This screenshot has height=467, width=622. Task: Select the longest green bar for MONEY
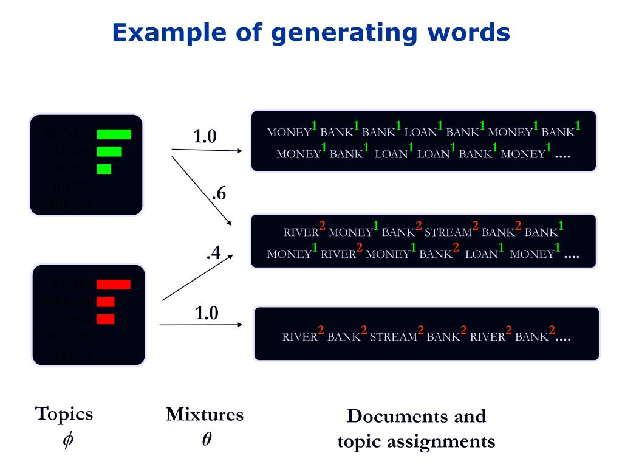[114, 134]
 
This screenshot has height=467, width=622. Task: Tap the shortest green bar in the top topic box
[104, 168]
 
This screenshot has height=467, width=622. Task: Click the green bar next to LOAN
[109, 151]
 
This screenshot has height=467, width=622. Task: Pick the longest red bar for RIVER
[113, 284]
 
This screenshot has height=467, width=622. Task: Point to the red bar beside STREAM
[105, 302]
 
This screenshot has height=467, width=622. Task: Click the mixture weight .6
[219, 195]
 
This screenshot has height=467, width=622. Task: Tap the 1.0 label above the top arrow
[205, 137]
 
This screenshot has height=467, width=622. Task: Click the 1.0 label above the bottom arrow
[207, 314]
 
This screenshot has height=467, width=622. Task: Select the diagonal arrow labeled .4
[198, 277]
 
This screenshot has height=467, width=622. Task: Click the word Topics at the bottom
[64, 414]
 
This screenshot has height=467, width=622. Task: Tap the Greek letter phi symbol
[67, 439]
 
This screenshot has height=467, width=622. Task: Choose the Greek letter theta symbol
[207, 439]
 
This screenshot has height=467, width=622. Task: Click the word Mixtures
[205, 415]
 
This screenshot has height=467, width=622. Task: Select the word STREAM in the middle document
[448, 232]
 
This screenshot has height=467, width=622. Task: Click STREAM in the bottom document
[393, 337]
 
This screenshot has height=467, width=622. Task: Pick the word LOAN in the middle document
[481, 255]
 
